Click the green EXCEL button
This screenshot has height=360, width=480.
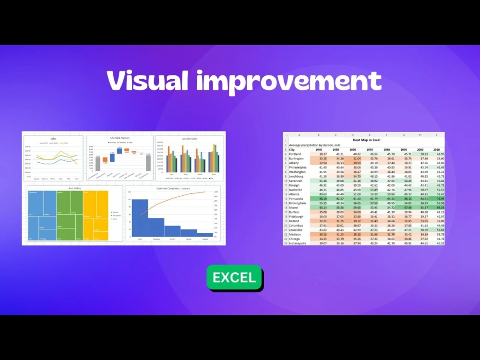234,277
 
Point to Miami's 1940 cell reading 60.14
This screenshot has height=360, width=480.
323,207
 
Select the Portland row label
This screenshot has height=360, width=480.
295,154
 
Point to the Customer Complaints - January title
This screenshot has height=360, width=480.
173,189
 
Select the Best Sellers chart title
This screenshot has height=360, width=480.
75,189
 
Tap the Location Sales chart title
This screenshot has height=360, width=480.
189,138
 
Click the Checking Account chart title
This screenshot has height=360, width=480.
120,138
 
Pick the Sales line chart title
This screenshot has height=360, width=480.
53,138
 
